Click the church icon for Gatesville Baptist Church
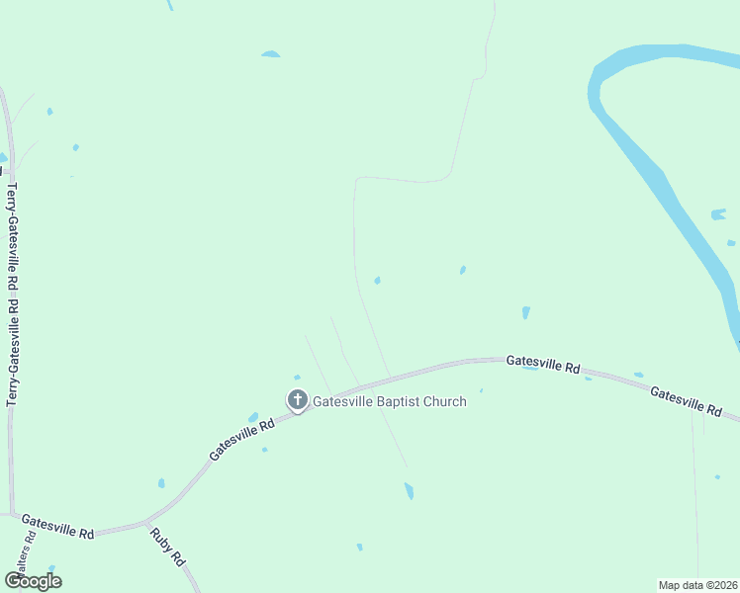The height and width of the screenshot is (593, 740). [297, 400]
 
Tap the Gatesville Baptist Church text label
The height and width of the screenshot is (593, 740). [390, 402]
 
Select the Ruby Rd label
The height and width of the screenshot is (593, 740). [167, 546]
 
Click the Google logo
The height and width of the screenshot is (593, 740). [33, 581]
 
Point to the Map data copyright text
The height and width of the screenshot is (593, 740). [698, 585]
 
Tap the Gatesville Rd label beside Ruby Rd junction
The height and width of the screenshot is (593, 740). [57, 526]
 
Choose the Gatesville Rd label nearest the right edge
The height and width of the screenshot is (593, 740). [687, 400]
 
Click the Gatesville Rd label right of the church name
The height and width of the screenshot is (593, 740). [543, 364]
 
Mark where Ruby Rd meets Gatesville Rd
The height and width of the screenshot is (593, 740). [146, 521]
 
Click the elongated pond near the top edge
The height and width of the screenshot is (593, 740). [270, 54]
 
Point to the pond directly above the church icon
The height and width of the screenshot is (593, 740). [297, 377]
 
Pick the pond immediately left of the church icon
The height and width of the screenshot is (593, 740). [253, 417]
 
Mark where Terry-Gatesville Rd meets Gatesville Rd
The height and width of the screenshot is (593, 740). [12, 514]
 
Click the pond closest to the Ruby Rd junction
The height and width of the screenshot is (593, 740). [161, 483]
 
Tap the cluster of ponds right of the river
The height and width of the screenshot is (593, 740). [719, 214]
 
